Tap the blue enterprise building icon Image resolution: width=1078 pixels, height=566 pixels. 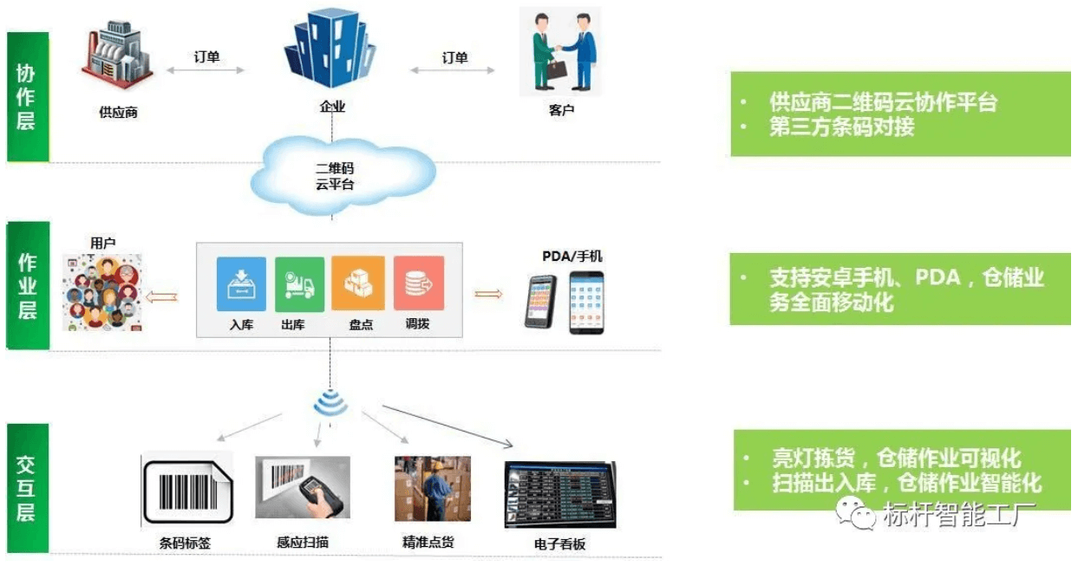[331, 52]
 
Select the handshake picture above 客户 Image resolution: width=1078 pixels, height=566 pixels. [560, 52]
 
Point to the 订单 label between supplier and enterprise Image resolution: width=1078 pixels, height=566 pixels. [206, 58]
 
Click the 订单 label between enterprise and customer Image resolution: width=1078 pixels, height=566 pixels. [454, 58]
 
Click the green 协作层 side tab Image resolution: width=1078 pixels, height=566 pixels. [27, 97]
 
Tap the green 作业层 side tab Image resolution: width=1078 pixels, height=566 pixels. [28, 286]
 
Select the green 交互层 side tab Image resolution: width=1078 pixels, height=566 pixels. [27, 488]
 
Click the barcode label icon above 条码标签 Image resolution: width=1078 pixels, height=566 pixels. [186, 491]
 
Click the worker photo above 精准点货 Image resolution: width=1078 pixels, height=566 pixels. [433, 489]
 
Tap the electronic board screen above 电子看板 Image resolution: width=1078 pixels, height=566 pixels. [560, 495]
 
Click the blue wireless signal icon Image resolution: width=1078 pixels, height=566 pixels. [330, 403]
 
